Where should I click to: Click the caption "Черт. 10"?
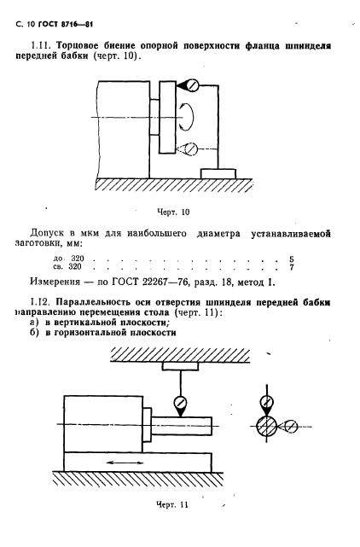pos(173,211)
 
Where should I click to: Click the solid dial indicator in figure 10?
pos(192,85)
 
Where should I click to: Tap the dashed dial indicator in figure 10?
pos(192,150)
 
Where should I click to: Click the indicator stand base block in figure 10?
pos(218,172)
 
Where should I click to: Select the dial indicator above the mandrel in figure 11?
pos(180,401)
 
